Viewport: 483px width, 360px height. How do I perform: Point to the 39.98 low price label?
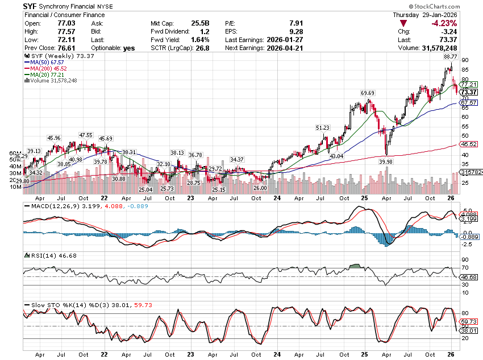coord(386,162)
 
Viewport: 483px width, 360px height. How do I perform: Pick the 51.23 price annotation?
coord(323,128)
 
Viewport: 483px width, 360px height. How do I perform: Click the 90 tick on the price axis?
coord(464,60)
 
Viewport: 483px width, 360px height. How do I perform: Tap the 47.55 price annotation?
coord(86,135)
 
